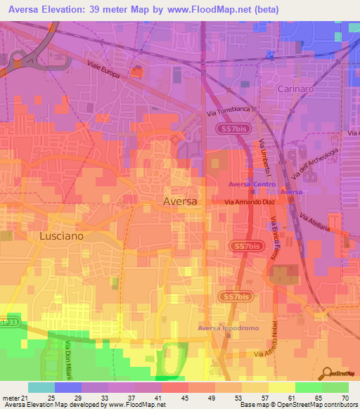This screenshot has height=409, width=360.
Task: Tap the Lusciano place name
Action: coord(60,236)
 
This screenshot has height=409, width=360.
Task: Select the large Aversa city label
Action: coord(180,201)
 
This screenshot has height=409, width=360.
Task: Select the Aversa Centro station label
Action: coord(251,184)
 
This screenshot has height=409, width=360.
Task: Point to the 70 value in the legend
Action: coord(344,397)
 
